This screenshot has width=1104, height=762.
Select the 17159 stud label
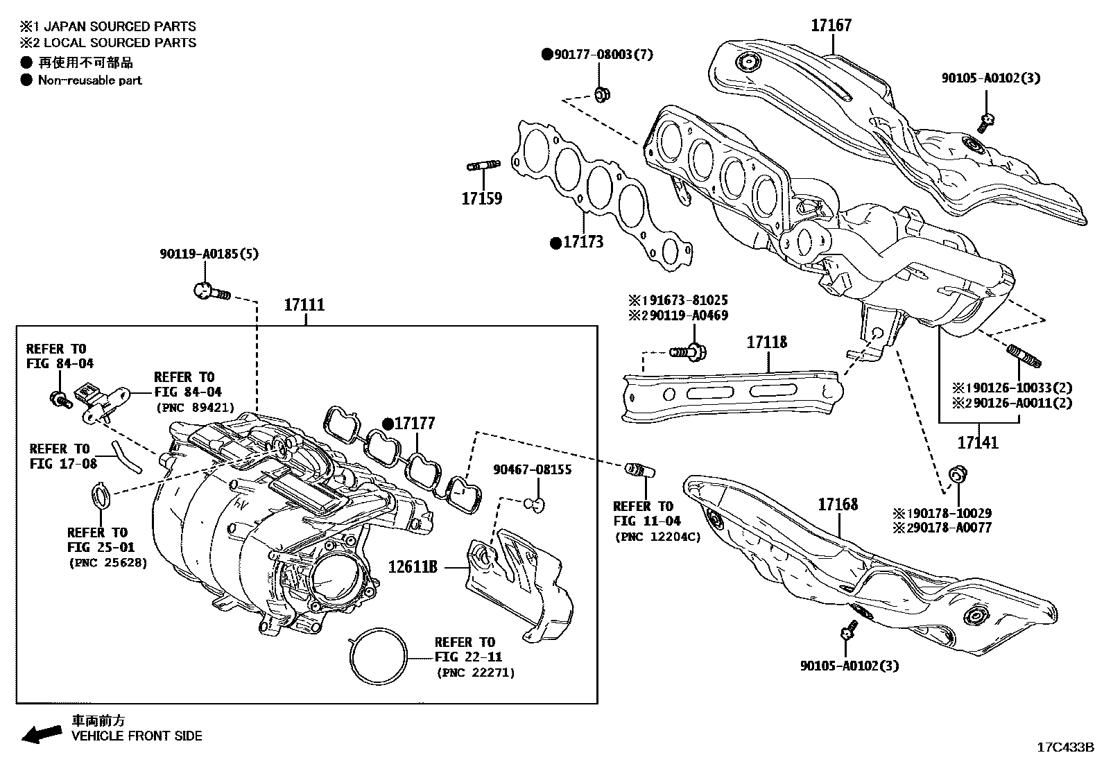click(482, 198)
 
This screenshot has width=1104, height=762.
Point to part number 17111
click(304, 304)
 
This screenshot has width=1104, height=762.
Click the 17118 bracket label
click(767, 342)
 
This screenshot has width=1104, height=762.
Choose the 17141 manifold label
click(978, 442)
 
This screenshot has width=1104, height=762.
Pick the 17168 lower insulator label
click(838, 504)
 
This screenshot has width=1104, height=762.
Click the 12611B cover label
click(413, 567)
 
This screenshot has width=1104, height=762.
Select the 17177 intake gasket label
click(414, 423)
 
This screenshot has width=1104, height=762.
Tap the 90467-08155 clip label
click(533, 469)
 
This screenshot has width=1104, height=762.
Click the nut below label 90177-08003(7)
click(601, 93)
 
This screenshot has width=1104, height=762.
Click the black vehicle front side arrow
click(40, 734)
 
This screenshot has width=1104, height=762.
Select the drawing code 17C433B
click(1064, 747)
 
